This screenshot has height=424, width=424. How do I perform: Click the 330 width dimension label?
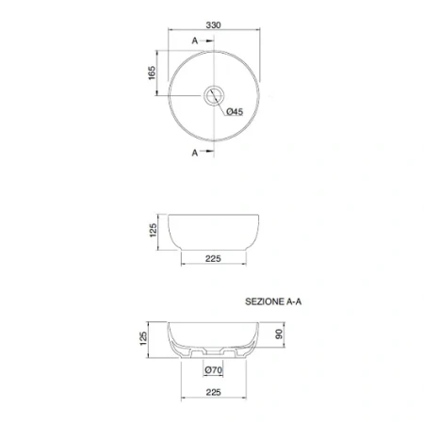tap(213, 24)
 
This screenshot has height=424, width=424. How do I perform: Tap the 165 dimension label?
tap(152, 73)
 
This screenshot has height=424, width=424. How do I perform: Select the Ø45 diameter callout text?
tap(235, 111)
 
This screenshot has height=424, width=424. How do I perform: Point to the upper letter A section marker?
tap(195, 41)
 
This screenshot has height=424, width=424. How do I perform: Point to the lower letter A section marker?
tap(195, 153)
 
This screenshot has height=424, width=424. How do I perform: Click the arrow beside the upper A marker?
tap(207, 41)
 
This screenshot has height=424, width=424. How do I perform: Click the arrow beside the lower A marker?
tap(207, 151)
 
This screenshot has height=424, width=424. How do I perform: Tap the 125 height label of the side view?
tap(153, 231)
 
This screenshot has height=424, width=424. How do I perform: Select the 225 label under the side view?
tap(213, 259)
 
